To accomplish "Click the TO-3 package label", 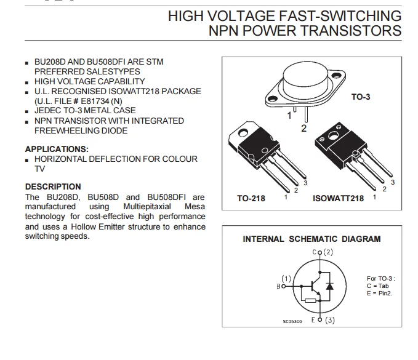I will tap(361, 97).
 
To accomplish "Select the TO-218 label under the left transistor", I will tap(251, 199).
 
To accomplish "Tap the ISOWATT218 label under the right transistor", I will tap(338, 199).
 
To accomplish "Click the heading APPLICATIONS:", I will tap(57, 149).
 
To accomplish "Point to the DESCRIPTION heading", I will tap(53, 186).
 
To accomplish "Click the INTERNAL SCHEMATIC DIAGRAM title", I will tap(311, 239).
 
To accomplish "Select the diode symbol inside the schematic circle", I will tap(330, 286).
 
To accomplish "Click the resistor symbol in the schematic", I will tap(311, 301).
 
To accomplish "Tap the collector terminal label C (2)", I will tap(323, 252).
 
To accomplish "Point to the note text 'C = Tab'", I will tap(379, 286).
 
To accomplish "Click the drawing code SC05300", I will tap(292, 321).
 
